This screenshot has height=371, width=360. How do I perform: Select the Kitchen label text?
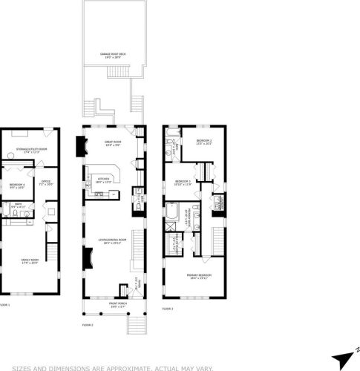[x=103, y=180]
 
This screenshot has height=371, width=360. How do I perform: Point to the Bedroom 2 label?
[x=204, y=142]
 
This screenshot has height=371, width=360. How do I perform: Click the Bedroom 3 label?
[x=183, y=183]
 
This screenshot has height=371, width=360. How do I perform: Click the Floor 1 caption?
[x=4, y=305]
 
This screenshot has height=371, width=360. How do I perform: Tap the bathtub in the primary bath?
[x=170, y=214]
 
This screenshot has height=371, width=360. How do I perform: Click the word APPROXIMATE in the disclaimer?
[x=123, y=367]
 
